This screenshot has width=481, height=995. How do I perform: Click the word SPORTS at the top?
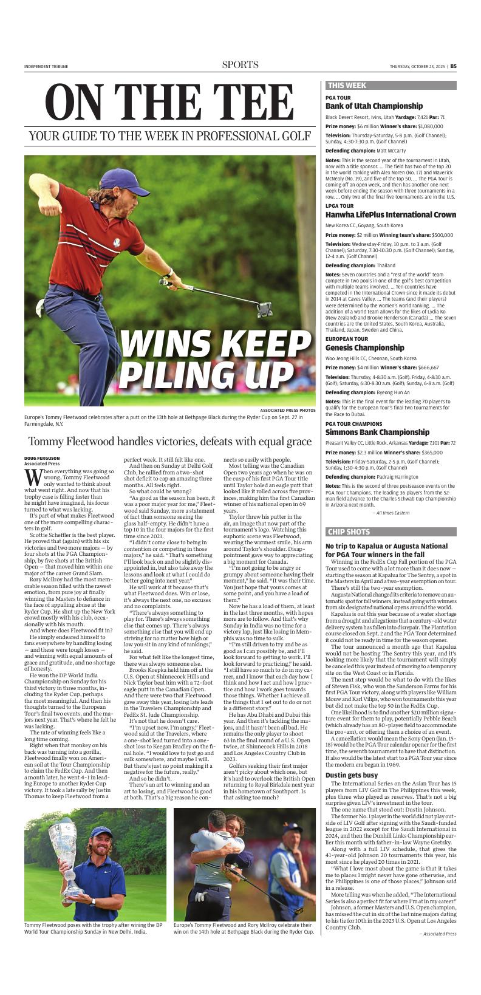pos(240,65)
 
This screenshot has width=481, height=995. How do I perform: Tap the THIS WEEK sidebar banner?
pos(347,86)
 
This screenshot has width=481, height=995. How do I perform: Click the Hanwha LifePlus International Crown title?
pos(391,215)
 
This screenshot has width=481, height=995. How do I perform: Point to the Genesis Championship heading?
pos(364,348)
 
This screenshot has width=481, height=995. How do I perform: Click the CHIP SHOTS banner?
pos(349,532)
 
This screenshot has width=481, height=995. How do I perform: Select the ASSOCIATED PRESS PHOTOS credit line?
pos(287,410)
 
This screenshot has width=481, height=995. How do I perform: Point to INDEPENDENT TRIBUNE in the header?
pos(46,67)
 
